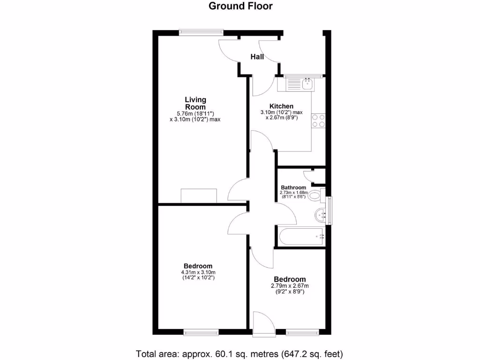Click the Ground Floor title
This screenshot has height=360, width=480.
240,6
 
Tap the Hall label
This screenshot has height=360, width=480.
257,57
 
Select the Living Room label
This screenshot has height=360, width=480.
195,103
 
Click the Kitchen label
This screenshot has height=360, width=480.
281,106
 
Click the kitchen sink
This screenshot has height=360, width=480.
307,84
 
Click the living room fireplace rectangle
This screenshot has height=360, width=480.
199,195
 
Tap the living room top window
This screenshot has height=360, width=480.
201,32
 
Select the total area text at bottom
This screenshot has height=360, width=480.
240,353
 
